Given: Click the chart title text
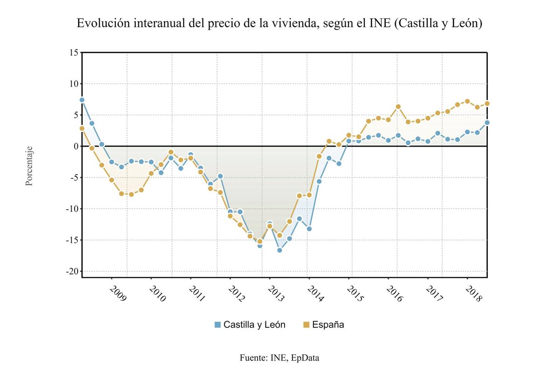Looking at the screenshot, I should (279, 24).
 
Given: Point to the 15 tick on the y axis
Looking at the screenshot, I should (72, 53).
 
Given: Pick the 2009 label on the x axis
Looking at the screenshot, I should (118, 294).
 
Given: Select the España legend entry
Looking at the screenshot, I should (328, 325).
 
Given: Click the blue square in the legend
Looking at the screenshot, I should (218, 325).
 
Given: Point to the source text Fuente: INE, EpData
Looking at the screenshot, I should (279, 358).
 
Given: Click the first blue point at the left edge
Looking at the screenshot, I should (82, 100).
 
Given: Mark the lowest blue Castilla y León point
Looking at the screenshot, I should (279, 250).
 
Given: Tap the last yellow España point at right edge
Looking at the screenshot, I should (487, 103).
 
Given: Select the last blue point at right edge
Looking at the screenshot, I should (487, 122).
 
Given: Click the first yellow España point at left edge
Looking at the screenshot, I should (82, 128).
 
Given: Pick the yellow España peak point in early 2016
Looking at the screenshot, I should (398, 107).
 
